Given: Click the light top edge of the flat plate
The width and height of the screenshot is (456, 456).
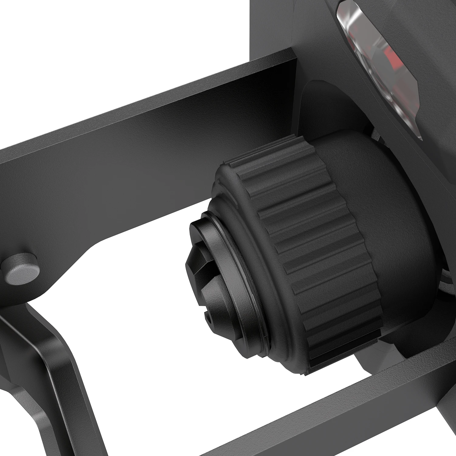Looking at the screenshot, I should [152, 103].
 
